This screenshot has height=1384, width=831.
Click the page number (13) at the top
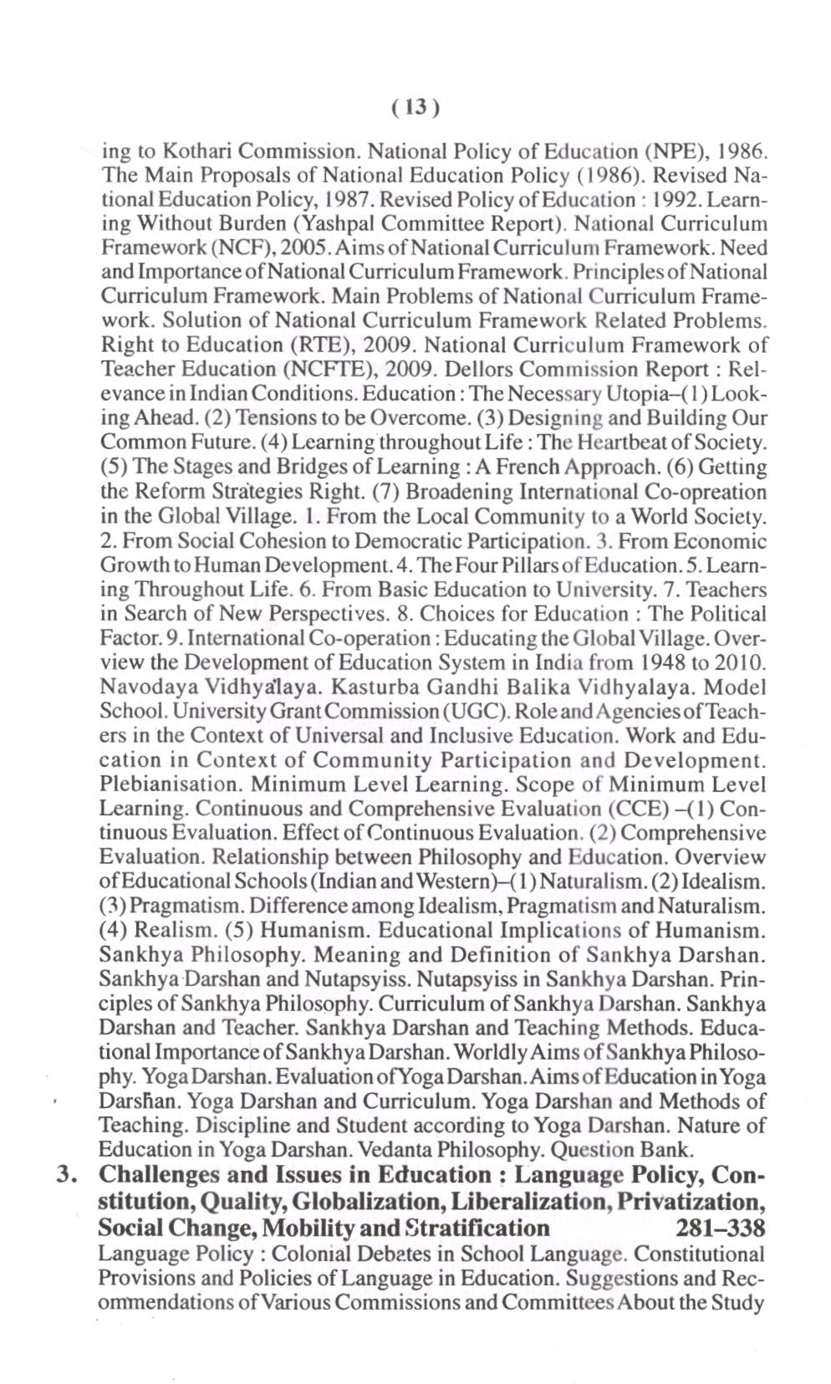coord(415,108)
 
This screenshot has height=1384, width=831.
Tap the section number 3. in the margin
coord(66,1175)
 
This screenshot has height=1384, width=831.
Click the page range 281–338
coord(718,1228)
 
